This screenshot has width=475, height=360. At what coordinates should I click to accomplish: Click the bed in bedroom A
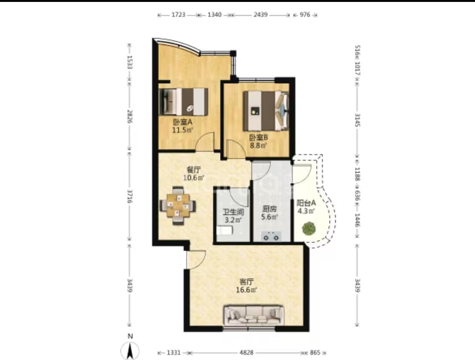183,102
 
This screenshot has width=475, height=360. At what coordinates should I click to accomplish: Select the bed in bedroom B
266,111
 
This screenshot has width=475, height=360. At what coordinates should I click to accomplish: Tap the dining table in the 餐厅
178,206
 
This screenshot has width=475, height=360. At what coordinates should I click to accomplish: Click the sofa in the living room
254,316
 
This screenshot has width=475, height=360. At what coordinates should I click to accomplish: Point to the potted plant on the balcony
309,229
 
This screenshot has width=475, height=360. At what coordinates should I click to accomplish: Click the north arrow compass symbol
130,350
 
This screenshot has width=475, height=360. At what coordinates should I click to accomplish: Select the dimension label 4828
246,353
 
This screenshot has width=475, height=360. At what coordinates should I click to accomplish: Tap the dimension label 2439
261,14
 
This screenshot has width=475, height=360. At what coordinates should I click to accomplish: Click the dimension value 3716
130,196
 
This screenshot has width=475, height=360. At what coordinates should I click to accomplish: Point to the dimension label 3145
357,120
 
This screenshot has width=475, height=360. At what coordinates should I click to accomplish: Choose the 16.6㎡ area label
246,290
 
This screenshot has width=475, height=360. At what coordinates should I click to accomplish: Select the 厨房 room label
269,209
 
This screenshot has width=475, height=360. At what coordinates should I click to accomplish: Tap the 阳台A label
306,203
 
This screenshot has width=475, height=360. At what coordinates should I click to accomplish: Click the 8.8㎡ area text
258,145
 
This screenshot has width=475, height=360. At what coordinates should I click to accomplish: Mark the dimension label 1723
178,14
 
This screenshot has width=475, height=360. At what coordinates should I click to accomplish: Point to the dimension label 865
315,353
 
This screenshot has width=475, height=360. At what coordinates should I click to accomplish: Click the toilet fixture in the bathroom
224,231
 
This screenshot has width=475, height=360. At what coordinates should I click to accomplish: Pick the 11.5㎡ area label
183,131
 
